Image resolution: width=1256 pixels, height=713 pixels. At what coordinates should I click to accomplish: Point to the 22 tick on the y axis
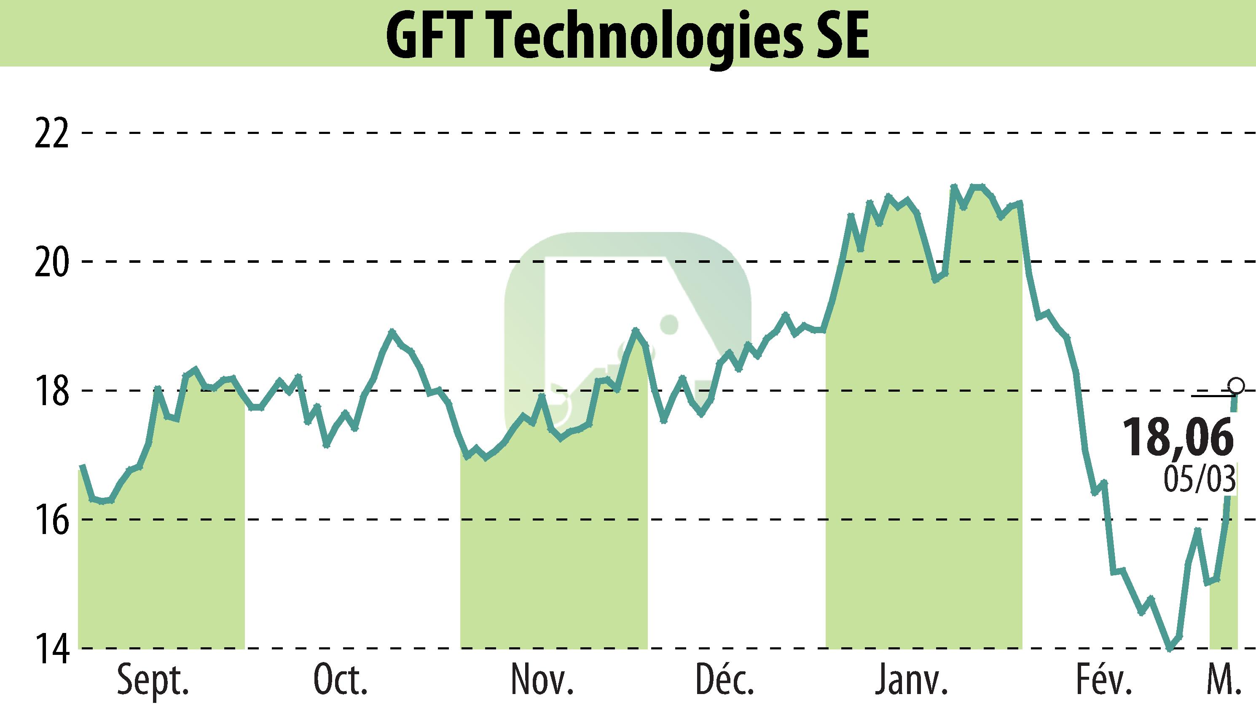[x=51, y=133]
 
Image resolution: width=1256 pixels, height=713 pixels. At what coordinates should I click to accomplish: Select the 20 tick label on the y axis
[x=51, y=262]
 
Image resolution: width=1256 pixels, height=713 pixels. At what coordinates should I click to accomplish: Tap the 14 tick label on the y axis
[x=51, y=649]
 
